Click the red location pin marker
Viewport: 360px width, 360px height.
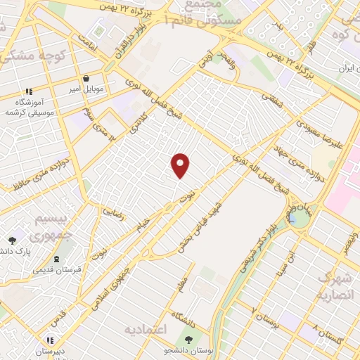[181, 165]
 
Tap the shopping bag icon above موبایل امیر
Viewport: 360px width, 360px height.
[86, 79]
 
